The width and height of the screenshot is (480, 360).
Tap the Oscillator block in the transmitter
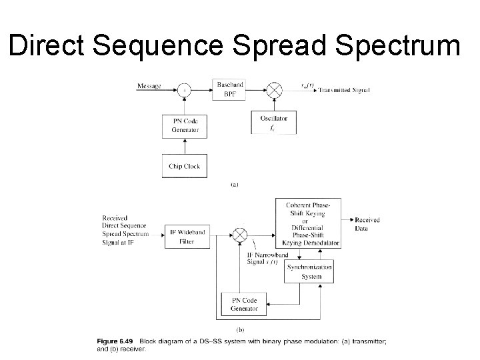tap(274, 123)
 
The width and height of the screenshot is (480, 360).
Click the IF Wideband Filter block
tap(187, 237)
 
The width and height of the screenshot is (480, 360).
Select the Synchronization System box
tap(309, 271)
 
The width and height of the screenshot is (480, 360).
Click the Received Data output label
tap(367, 223)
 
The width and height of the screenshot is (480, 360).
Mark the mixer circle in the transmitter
tap(274, 87)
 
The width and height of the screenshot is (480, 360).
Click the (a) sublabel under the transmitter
tap(234, 185)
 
